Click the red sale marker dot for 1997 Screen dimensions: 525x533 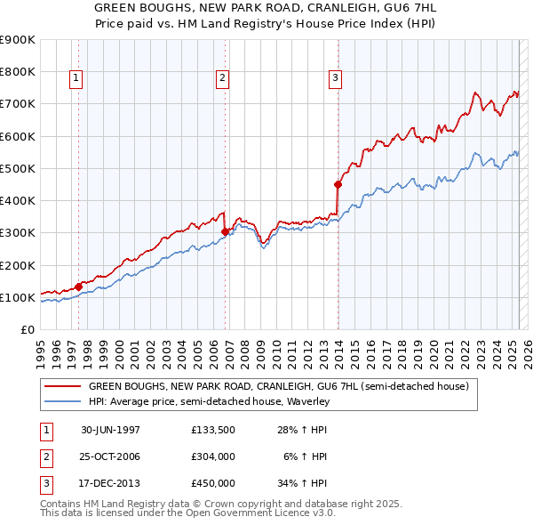[78, 287]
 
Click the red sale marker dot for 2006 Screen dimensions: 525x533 [225, 231]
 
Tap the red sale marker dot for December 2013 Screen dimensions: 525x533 [338, 185]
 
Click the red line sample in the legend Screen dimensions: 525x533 [62, 386]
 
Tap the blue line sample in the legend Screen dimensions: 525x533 [62, 401]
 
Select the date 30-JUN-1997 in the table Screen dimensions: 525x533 [110, 430]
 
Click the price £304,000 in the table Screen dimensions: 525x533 [212, 456]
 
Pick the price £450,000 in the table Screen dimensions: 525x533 [212, 483]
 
